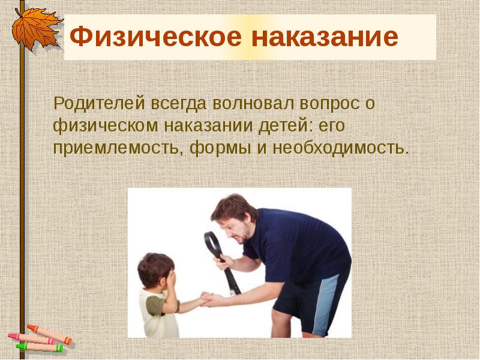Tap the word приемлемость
[118, 147]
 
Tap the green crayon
[40, 347]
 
